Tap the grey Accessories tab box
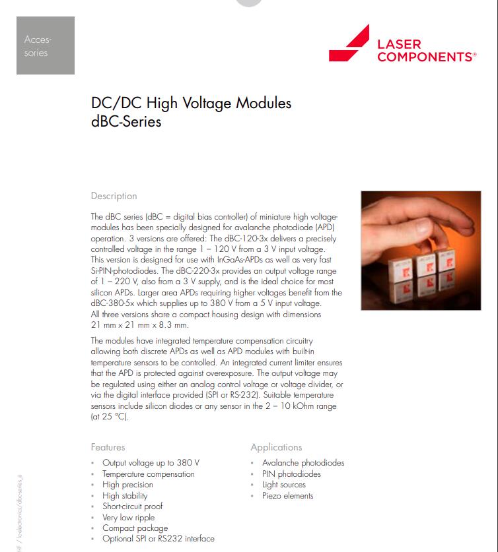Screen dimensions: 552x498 pyautogui.click(x=45, y=46)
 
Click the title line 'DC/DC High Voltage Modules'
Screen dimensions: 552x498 pyautogui.click(x=191, y=103)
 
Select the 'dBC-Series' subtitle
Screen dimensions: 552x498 pyautogui.click(x=126, y=121)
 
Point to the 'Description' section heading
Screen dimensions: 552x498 pyautogui.click(x=114, y=196)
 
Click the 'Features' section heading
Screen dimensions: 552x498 pyautogui.click(x=108, y=447)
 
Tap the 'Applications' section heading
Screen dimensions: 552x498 pyautogui.click(x=276, y=447)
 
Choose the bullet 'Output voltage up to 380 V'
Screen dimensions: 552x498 pyautogui.click(x=151, y=463)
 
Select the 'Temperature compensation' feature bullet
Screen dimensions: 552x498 pyautogui.click(x=148, y=474)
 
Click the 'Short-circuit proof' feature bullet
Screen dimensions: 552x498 pyautogui.click(x=132, y=506)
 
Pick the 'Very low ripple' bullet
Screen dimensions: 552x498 pyautogui.click(x=128, y=518)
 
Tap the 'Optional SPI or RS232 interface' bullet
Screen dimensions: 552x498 pyautogui.click(x=158, y=539)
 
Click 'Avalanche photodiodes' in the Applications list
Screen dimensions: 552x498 pyautogui.click(x=302, y=463)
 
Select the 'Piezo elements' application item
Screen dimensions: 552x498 pyautogui.click(x=287, y=496)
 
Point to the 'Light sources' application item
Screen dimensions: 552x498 pyautogui.click(x=283, y=485)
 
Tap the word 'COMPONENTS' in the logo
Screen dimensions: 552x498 pyautogui.click(x=426, y=57)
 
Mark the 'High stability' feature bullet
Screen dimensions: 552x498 pyautogui.click(x=125, y=496)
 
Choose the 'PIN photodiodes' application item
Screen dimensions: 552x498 pyautogui.click(x=291, y=474)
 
